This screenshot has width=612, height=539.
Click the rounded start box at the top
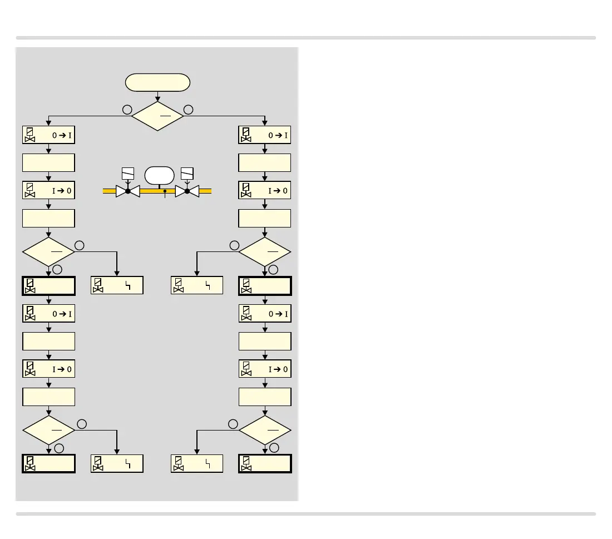[x=158, y=83]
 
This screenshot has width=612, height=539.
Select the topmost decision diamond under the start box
[x=157, y=116]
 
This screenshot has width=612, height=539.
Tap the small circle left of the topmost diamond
[x=127, y=110]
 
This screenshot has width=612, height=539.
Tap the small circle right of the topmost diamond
[x=188, y=110]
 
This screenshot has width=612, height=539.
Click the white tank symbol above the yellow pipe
[x=160, y=175]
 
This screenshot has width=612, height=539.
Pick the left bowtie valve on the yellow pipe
[x=127, y=191]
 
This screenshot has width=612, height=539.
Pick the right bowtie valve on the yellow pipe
[x=187, y=191]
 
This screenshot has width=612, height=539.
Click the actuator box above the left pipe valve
[x=127, y=173]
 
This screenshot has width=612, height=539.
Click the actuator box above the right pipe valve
[x=187, y=173]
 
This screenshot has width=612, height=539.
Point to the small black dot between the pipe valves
[x=165, y=191]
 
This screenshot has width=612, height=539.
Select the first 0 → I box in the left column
[x=49, y=135]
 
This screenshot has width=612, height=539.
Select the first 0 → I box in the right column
[x=265, y=135]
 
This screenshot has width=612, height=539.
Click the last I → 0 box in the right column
[x=265, y=369]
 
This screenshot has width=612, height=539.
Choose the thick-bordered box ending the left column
[x=49, y=464]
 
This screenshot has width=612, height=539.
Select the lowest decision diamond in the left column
[x=49, y=429]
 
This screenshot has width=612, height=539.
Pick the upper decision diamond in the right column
[x=265, y=251]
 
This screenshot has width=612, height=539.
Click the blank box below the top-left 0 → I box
[x=49, y=163]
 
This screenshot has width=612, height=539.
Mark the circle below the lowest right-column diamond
[x=273, y=448]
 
